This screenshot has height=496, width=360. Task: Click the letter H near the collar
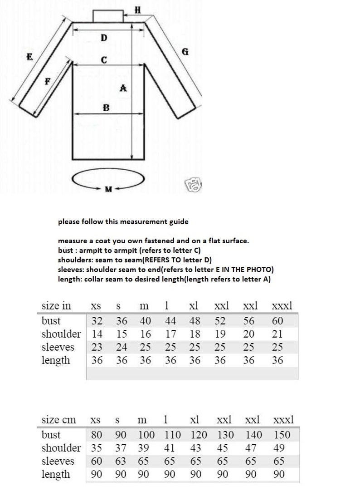pyautogui.click(x=138, y=10)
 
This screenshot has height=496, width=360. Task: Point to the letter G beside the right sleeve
pyautogui.click(x=185, y=52)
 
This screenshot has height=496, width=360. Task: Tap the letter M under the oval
pyautogui.click(x=108, y=189)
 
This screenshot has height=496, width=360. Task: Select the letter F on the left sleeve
pyautogui.click(x=47, y=82)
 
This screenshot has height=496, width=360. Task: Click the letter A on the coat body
pyautogui.click(x=123, y=88)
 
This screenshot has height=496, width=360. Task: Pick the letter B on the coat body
pyautogui.click(x=106, y=108)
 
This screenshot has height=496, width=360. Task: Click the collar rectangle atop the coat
pyautogui.click(x=108, y=15)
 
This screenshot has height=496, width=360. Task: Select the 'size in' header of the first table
pyautogui.click(x=56, y=305)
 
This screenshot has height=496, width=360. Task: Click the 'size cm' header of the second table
pyautogui.click(x=58, y=419)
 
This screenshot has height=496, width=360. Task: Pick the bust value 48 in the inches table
pyautogui.click(x=195, y=321)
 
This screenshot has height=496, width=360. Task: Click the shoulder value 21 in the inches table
pyautogui.click(x=277, y=334)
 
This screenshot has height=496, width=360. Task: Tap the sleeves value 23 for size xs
pyautogui.click(x=97, y=347)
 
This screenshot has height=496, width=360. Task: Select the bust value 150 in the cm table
pyautogui.click(x=282, y=435)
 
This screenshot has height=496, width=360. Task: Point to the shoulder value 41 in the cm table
pyautogui.click(x=169, y=448)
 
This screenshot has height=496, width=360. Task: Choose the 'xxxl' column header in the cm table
pyautogui.click(x=283, y=419)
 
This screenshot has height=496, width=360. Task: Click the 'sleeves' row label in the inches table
pyautogui.click(x=58, y=347)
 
